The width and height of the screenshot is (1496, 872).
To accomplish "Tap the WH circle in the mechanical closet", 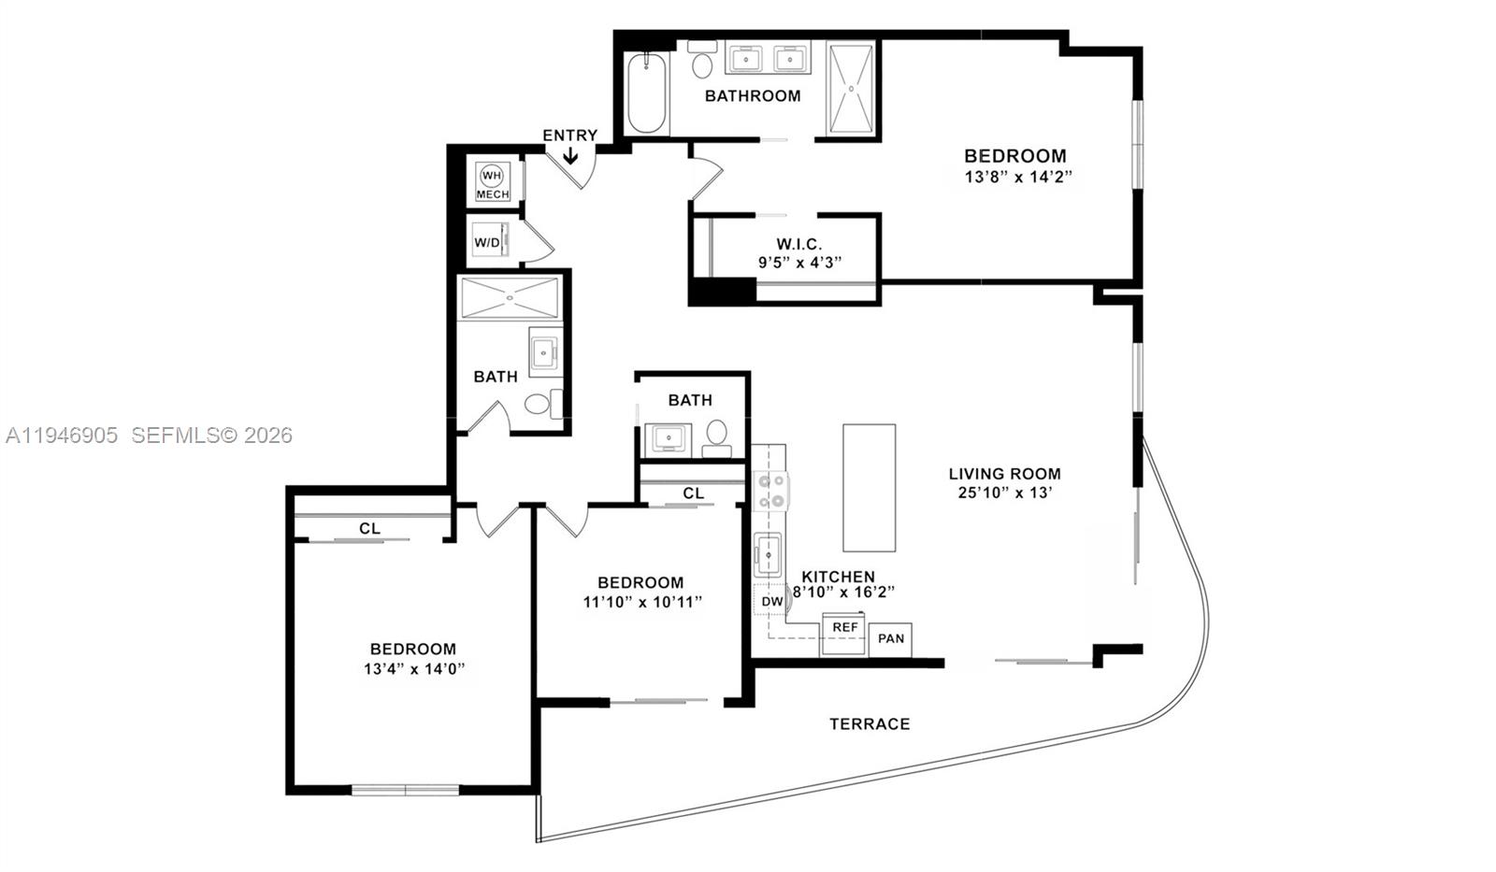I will pos(492,176).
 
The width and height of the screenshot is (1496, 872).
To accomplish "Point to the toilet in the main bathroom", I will pos(702,64).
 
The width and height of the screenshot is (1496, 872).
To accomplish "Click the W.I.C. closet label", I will pos(799,245).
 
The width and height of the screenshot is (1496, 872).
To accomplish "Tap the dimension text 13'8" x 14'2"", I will pos(1015,176).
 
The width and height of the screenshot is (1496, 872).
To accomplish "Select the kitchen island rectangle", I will pos(869,488).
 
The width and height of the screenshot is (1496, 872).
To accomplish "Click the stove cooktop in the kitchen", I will pos(771,491).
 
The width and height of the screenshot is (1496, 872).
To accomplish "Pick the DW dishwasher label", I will pos(771,601).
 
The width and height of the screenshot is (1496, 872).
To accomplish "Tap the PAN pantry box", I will pos(891,638).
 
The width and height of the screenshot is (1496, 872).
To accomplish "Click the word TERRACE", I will pos(870,723).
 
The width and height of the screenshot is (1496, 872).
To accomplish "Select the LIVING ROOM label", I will pos(1004,474).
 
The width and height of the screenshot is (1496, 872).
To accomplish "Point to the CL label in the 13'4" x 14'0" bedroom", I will pos(369,528).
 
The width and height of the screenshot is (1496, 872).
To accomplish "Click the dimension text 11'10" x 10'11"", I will pos(642,602).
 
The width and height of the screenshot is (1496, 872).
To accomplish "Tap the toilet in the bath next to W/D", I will pos(539,404).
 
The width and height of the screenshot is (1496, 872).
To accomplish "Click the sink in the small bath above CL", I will pos(668,437).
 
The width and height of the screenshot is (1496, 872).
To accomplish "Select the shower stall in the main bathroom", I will pos(851,89).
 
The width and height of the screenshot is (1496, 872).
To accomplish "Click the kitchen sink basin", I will pos(769,554).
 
